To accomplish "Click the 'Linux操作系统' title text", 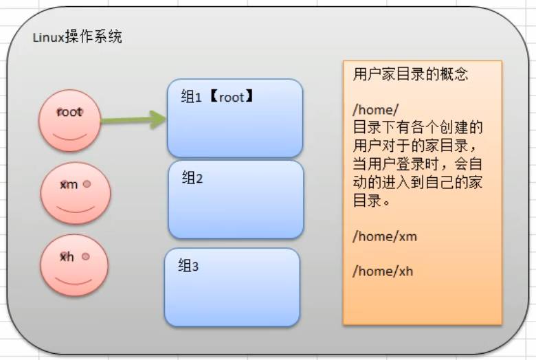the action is (x=77, y=37).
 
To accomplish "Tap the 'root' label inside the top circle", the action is (x=69, y=112).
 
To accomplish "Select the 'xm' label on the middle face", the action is (x=69, y=185).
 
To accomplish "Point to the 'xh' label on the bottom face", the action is (x=67, y=256).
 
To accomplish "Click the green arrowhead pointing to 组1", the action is (x=158, y=120).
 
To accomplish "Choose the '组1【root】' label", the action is (x=217, y=97).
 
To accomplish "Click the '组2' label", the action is (x=192, y=178).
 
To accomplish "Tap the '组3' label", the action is (x=188, y=265).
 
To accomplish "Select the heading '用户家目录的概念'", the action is (x=410, y=74).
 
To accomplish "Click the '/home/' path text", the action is (x=375, y=109).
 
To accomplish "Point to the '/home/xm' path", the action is (x=385, y=236).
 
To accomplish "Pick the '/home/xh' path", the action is (x=383, y=271).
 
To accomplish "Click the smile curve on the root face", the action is (x=70, y=138).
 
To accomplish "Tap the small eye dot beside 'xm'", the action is (x=87, y=184).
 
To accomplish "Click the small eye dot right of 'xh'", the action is (x=86, y=256).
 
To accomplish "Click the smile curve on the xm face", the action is (x=75, y=210).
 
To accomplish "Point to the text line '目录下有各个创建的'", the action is (x=418, y=128).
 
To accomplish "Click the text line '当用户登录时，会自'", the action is (x=418, y=164).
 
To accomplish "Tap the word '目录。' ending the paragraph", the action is (x=372, y=201).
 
